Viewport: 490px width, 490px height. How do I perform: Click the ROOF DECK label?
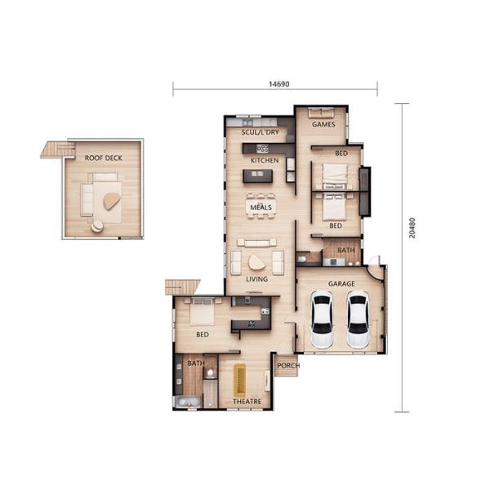(103, 157)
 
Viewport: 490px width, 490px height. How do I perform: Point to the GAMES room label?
(323, 125)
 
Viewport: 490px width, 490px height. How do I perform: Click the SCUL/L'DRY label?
(260, 132)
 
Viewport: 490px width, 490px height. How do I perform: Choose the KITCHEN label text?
(265, 160)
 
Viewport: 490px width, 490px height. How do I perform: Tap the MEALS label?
(261, 207)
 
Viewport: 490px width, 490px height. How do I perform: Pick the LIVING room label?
(257, 279)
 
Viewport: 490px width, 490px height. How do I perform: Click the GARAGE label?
(341, 283)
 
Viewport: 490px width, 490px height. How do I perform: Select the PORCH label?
(287, 365)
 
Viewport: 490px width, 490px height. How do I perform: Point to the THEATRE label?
(247, 402)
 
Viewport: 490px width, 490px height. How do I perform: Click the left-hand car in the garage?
(323, 321)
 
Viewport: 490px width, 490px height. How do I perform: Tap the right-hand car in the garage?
(358, 321)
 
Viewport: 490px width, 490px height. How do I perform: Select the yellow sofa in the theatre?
(240, 379)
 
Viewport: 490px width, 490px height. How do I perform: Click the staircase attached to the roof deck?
(58, 149)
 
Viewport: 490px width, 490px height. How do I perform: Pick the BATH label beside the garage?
(346, 251)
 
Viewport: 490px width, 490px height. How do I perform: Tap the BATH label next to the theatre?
(196, 363)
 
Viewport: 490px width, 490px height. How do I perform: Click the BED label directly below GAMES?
(341, 154)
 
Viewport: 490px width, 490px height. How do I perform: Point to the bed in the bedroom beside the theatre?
(202, 311)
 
